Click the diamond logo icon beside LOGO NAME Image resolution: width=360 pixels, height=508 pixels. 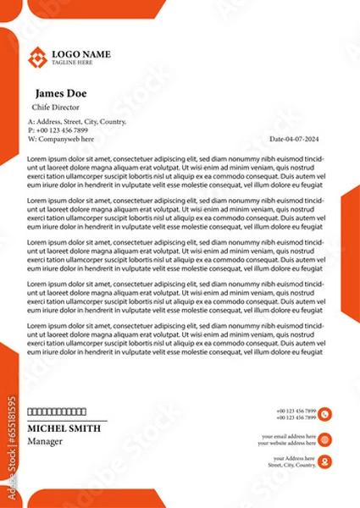38,58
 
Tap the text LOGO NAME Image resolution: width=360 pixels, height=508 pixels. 81,54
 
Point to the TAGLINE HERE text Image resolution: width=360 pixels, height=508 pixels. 73,63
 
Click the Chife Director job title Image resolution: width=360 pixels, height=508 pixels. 56,108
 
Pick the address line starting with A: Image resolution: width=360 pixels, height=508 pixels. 76,122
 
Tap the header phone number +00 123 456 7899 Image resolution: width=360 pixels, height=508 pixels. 61,130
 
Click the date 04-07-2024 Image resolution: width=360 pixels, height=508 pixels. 296,138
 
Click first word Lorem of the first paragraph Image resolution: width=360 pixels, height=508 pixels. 36,158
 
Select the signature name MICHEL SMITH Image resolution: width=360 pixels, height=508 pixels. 64,429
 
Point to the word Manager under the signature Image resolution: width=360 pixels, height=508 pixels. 45,441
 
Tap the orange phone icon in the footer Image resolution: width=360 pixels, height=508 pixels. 325,414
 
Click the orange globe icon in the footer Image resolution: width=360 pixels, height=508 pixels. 325,439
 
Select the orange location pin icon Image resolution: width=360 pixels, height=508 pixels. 325,461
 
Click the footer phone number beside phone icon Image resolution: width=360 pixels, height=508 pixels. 296,411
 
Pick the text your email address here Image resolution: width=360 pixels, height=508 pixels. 288,435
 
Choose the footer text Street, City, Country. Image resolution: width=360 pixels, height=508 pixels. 291,465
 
